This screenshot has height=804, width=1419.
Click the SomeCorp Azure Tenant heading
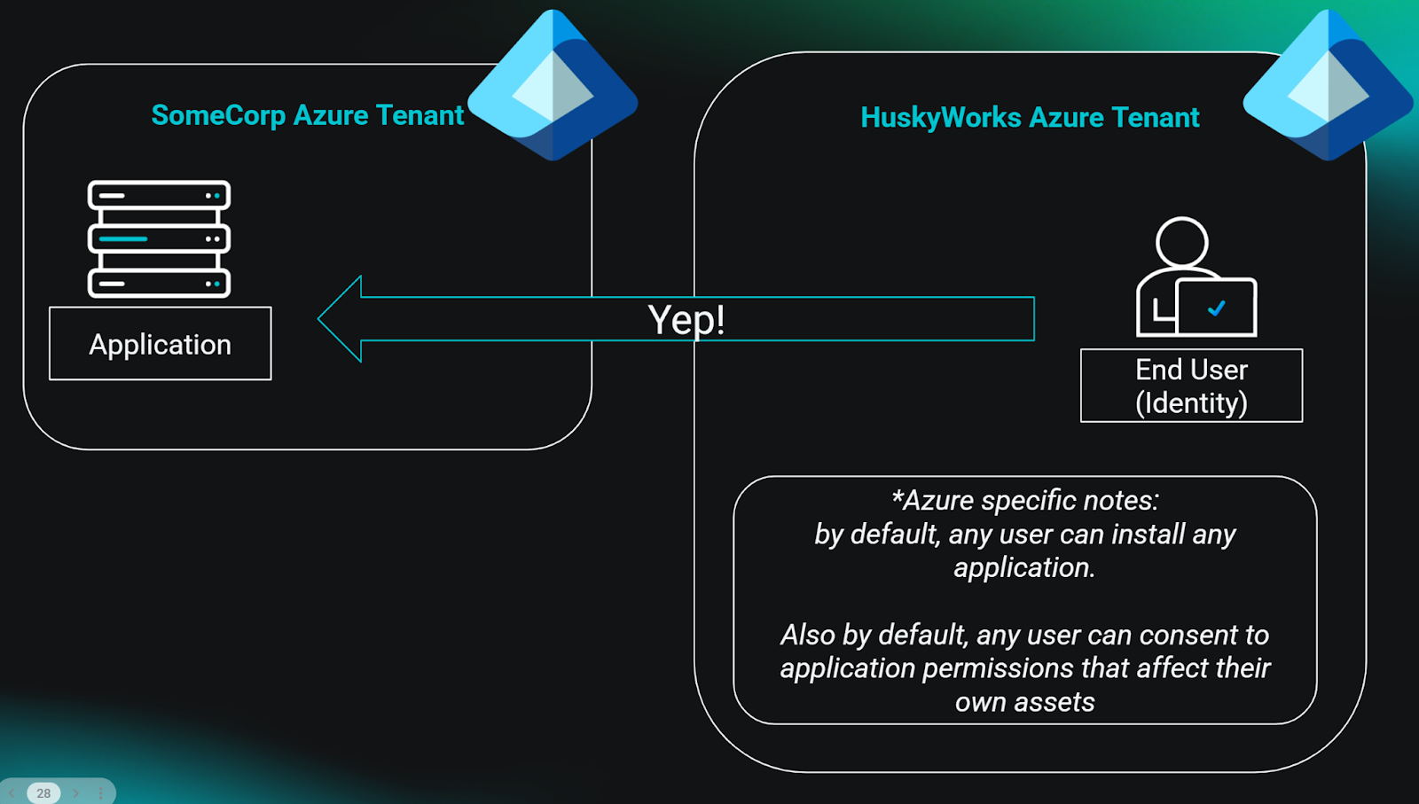click(x=307, y=115)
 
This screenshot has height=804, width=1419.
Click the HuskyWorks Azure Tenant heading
click(x=1029, y=117)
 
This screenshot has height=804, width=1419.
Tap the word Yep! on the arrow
click(x=686, y=320)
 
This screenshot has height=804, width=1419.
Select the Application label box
click(x=161, y=344)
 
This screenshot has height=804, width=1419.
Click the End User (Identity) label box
click(x=1191, y=386)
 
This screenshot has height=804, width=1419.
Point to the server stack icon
click(x=159, y=238)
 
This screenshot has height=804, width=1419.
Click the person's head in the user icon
click(x=1181, y=241)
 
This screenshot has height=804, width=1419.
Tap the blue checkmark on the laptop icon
click(x=1217, y=308)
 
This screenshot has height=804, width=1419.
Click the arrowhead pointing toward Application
click(x=342, y=319)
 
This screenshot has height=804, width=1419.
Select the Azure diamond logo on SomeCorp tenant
click(x=553, y=86)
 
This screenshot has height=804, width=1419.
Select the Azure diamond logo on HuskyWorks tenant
click(x=1328, y=86)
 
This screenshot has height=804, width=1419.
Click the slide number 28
click(x=43, y=793)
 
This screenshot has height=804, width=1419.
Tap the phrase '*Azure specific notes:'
click(x=1024, y=500)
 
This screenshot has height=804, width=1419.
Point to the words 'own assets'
click(x=1024, y=702)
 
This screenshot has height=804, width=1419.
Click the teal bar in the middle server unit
click(x=123, y=238)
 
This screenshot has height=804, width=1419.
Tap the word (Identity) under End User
click(x=1191, y=403)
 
